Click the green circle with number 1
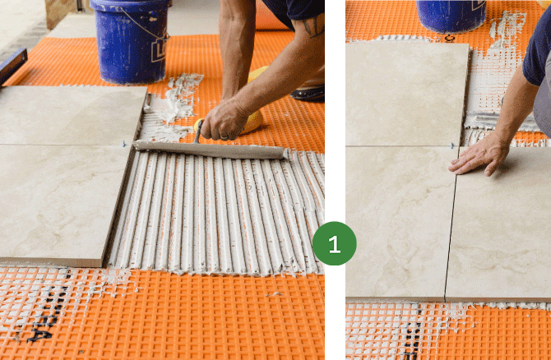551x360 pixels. (334, 243)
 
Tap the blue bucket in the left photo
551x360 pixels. (132, 40)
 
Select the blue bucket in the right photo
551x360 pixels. (451, 16)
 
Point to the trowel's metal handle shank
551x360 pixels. (198, 132)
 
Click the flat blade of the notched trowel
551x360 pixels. (209, 150)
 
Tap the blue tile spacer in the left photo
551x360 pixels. (123, 143)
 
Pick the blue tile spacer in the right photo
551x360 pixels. (452, 145)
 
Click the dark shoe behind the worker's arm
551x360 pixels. (308, 94)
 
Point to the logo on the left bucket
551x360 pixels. (160, 50)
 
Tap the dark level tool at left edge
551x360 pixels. (12, 66)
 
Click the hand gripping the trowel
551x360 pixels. (225, 119)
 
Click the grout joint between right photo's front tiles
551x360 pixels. (451, 224)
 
